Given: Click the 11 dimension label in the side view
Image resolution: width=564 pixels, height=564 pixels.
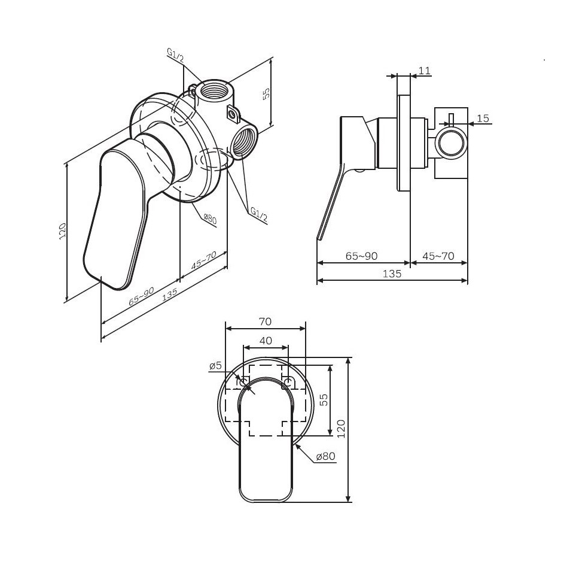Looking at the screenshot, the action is pos(425,71).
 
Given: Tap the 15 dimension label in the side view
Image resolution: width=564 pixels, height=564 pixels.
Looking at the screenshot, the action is pos(483,119).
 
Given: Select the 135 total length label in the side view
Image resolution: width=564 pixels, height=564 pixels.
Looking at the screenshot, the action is pos(392,274).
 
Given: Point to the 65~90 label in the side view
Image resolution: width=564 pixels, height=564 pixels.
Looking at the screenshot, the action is pos(361,256).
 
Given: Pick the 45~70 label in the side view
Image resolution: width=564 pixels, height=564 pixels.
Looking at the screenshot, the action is pos(438,256).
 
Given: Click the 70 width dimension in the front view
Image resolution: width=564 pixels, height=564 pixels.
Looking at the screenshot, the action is pos(265,322).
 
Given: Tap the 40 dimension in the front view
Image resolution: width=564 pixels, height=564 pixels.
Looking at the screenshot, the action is pos(266,341).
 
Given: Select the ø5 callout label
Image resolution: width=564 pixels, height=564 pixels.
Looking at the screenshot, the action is pos(215,366).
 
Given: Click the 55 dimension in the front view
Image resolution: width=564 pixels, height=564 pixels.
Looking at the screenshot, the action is pos(324,399).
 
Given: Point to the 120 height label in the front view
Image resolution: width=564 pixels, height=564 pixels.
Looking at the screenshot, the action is pos(342,429).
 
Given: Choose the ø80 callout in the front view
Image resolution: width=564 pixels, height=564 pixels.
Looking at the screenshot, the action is pos(325,456).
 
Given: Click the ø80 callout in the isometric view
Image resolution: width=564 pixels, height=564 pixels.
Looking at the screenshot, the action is pos(210,219).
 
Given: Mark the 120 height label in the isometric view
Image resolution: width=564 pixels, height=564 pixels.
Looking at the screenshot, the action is pos(63,231).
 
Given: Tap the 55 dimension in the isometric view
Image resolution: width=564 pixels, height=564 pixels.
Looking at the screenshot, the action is pos(267,95).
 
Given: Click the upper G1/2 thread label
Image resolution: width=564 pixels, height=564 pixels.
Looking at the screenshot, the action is pos(175,56).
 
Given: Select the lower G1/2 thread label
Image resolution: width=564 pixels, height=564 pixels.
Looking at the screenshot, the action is pos(258,214).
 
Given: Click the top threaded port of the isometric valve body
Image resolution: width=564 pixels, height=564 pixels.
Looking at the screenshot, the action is pos(214,89).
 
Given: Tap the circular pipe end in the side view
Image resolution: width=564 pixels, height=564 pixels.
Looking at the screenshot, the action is pos(452,143).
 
